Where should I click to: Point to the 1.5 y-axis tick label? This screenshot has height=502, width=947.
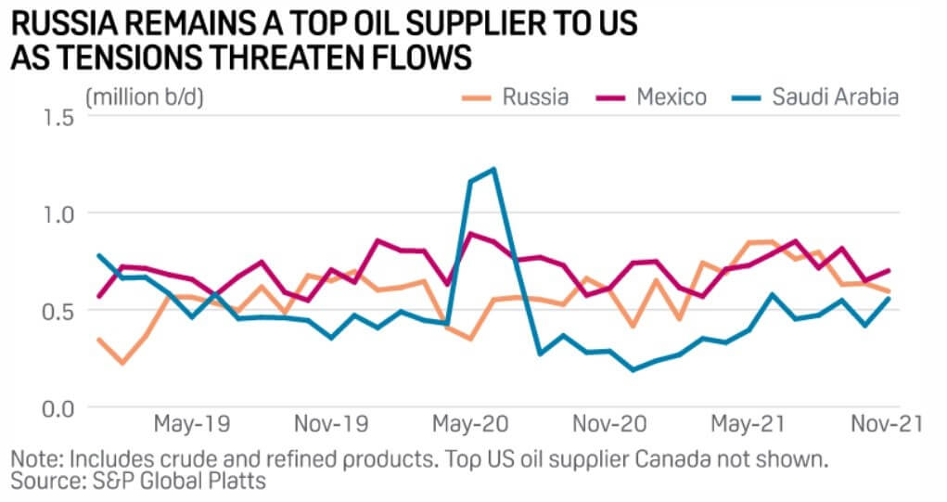coord(56,117)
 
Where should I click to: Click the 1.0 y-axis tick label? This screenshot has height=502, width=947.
coord(56,213)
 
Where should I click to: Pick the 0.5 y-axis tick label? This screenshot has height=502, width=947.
coord(56,311)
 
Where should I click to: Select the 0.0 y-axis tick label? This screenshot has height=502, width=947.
coord(56,407)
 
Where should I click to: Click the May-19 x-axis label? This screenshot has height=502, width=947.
coord(193,424)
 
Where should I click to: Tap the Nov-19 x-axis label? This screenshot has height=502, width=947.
coord(331,424)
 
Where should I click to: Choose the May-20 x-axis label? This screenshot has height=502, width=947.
coord(470,424)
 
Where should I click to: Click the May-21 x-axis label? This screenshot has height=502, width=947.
coord(748,424)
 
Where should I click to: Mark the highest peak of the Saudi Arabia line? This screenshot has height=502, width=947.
coord(493,169)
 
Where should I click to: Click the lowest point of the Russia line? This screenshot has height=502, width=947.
coord(122,363)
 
